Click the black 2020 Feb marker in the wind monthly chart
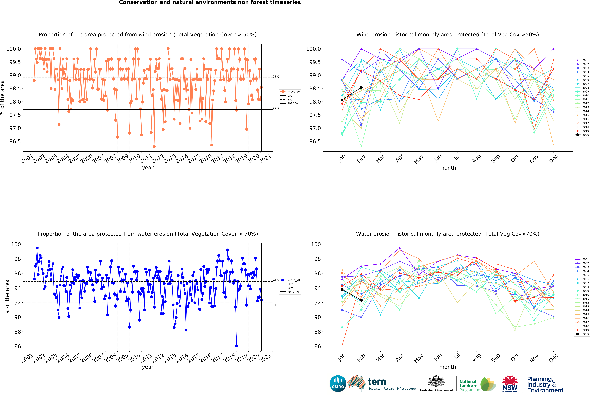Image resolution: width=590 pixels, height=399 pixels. tap(361, 88)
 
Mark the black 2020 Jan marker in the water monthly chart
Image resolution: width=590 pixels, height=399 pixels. tap(342, 289)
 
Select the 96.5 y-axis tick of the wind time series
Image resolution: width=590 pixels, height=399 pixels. tap(15, 141)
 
